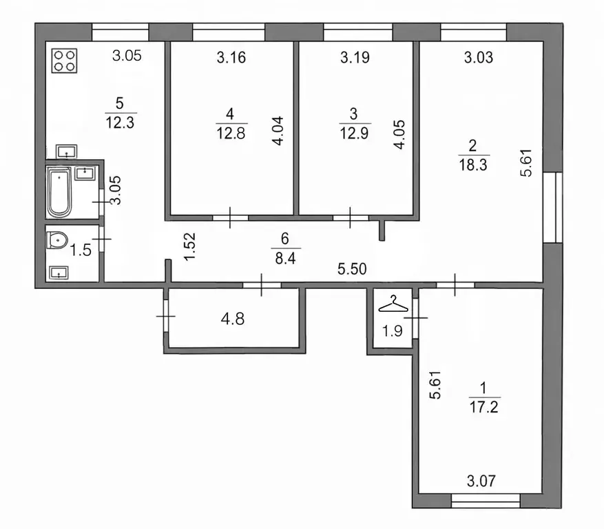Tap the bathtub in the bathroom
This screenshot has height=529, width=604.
coord(60,190)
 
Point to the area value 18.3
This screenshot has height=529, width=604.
coord(472,163)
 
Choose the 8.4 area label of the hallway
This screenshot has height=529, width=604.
coord(285,259)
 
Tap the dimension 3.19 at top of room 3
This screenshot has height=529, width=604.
coord(355,58)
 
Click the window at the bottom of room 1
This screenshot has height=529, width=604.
coord(486,500)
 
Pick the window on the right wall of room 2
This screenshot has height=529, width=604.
coord(553,207)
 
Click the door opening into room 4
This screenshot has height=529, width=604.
coord(230,217)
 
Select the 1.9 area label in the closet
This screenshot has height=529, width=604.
coord(392,329)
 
